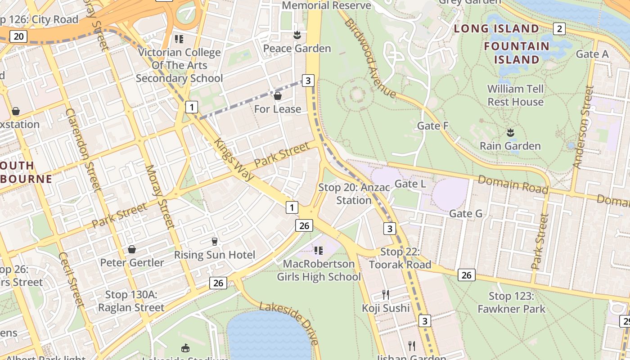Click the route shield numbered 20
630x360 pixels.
[18, 36]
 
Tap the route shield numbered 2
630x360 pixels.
[559, 29]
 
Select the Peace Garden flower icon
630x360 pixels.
[297, 35]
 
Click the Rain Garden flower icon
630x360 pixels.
[510, 132]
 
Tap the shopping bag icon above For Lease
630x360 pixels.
[278, 96]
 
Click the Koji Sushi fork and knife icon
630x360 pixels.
[386, 295]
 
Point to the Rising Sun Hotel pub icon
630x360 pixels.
[215, 242]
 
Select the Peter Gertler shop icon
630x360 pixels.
[132, 249]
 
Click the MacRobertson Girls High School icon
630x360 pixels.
[319, 250]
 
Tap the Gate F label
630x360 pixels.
[433, 126]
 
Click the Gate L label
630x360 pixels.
[410, 184]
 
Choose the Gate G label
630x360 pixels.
[466, 213]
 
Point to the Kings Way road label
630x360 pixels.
[234, 160]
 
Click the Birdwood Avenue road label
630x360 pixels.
[370, 58]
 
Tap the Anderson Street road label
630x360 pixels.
[583, 127]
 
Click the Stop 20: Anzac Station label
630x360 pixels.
[354, 193]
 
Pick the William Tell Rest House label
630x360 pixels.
[515, 95]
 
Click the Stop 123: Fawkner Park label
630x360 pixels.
[512, 302]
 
